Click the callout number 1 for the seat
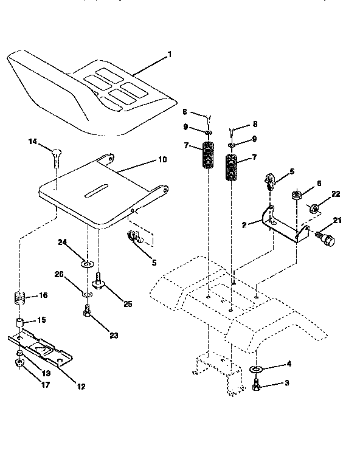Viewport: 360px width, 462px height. [x=170, y=55]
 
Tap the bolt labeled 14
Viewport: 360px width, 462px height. [x=56, y=156]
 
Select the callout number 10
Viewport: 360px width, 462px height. [x=162, y=160]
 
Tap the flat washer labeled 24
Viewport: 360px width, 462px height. [x=87, y=263]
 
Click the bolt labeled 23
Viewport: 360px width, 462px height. [x=86, y=312]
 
